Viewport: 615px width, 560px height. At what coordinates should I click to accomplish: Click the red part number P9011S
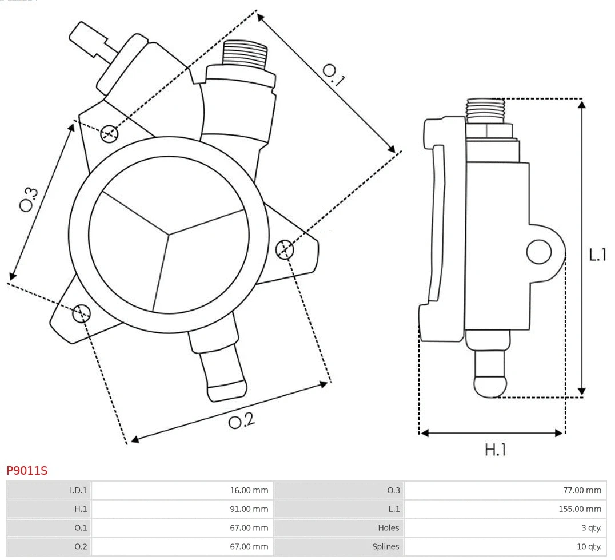tap(27, 471)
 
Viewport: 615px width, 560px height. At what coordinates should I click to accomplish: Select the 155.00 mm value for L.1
tap(581, 509)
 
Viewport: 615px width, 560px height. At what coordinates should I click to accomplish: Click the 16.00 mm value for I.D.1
tap(249, 490)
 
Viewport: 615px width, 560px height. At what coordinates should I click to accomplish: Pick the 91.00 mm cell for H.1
tap(249, 509)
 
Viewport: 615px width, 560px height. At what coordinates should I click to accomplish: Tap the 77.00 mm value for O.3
tap(582, 490)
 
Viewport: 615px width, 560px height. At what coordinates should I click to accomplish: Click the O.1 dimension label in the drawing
tap(334, 75)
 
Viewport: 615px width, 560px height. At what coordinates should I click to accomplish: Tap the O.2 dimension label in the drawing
tap(241, 421)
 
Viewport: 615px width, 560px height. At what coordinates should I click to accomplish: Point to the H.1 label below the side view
tap(495, 450)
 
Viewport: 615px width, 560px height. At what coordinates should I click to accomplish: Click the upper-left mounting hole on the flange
tap(109, 134)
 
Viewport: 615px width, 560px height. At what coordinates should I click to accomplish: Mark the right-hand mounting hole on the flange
tap(285, 249)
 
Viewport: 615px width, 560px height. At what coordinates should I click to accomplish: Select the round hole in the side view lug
tap(538, 252)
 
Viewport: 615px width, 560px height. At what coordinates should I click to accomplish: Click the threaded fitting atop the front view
tap(245, 54)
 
